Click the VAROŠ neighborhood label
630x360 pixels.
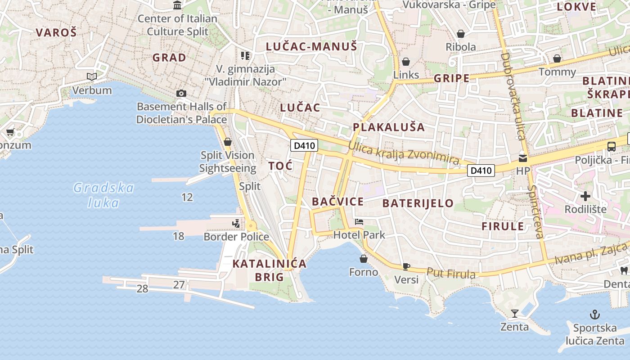pyautogui.click(x=56, y=32)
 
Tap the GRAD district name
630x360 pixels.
pyautogui.click(x=169, y=58)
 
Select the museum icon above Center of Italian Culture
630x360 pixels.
pyautogui.click(x=177, y=5)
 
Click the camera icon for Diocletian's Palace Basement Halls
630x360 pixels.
pyautogui.click(x=181, y=93)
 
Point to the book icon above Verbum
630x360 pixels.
pyautogui.click(x=92, y=77)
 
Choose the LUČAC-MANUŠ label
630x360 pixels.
pyautogui.click(x=311, y=46)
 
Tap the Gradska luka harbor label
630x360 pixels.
pyautogui.click(x=103, y=195)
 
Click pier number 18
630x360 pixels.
pyautogui.click(x=179, y=236)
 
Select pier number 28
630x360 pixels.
pyautogui.click(x=142, y=288)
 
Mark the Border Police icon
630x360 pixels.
pyautogui.click(x=236, y=223)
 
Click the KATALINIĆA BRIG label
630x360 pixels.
pyautogui.click(x=269, y=270)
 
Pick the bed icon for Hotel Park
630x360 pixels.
pyautogui.click(x=359, y=221)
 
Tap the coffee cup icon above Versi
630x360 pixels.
pyautogui.click(x=406, y=266)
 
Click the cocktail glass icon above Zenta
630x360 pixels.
pyautogui.click(x=515, y=313)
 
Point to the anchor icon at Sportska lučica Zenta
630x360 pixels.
pyautogui.click(x=595, y=314)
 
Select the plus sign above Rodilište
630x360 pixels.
pyautogui.click(x=585, y=196)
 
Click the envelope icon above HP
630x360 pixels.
pyautogui.click(x=523, y=158)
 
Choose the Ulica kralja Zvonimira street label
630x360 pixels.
pyautogui.click(x=404, y=153)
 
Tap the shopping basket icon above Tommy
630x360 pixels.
pyautogui.click(x=557, y=58)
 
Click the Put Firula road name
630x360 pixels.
pyautogui.click(x=451, y=273)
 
